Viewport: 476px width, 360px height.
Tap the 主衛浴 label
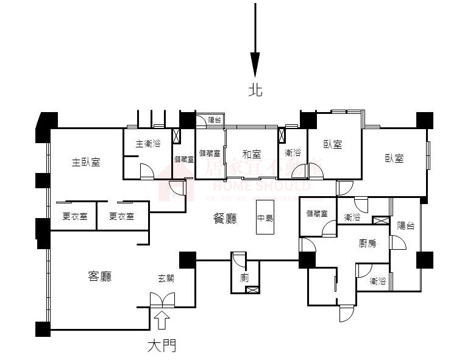(x=147, y=144)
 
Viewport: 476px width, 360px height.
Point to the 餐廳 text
(x=226, y=218)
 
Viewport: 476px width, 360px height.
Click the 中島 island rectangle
(x=265, y=217)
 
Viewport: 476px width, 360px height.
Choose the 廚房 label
(x=368, y=243)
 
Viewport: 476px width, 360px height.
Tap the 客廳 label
(x=99, y=277)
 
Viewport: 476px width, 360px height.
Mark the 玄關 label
(x=166, y=278)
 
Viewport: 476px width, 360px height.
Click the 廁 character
(x=244, y=277)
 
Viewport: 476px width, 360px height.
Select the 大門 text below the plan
(x=162, y=347)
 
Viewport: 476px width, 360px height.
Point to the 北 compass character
(x=255, y=90)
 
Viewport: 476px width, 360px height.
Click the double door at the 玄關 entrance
(x=162, y=300)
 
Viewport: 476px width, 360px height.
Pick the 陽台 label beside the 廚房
(x=406, y=225)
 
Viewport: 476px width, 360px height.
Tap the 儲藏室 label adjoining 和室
(x=210, y=154)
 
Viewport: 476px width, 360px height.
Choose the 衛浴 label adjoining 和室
(x=293, y=153)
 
